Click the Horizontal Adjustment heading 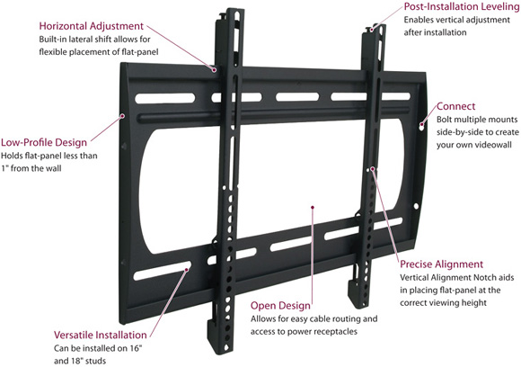[92, 26]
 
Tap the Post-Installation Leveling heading [462, 6]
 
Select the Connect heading [456, 106]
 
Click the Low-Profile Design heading [44, 143]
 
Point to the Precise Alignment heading [441, 264]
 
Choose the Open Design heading [280, 306]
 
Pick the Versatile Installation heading [101, 335]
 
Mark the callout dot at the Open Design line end [313, 207]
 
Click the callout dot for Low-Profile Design [122, 116]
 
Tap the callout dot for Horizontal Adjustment [215, 70]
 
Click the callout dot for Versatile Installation [187, 270]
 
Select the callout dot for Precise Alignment [373, 169]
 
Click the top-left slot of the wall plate [164, 98]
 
